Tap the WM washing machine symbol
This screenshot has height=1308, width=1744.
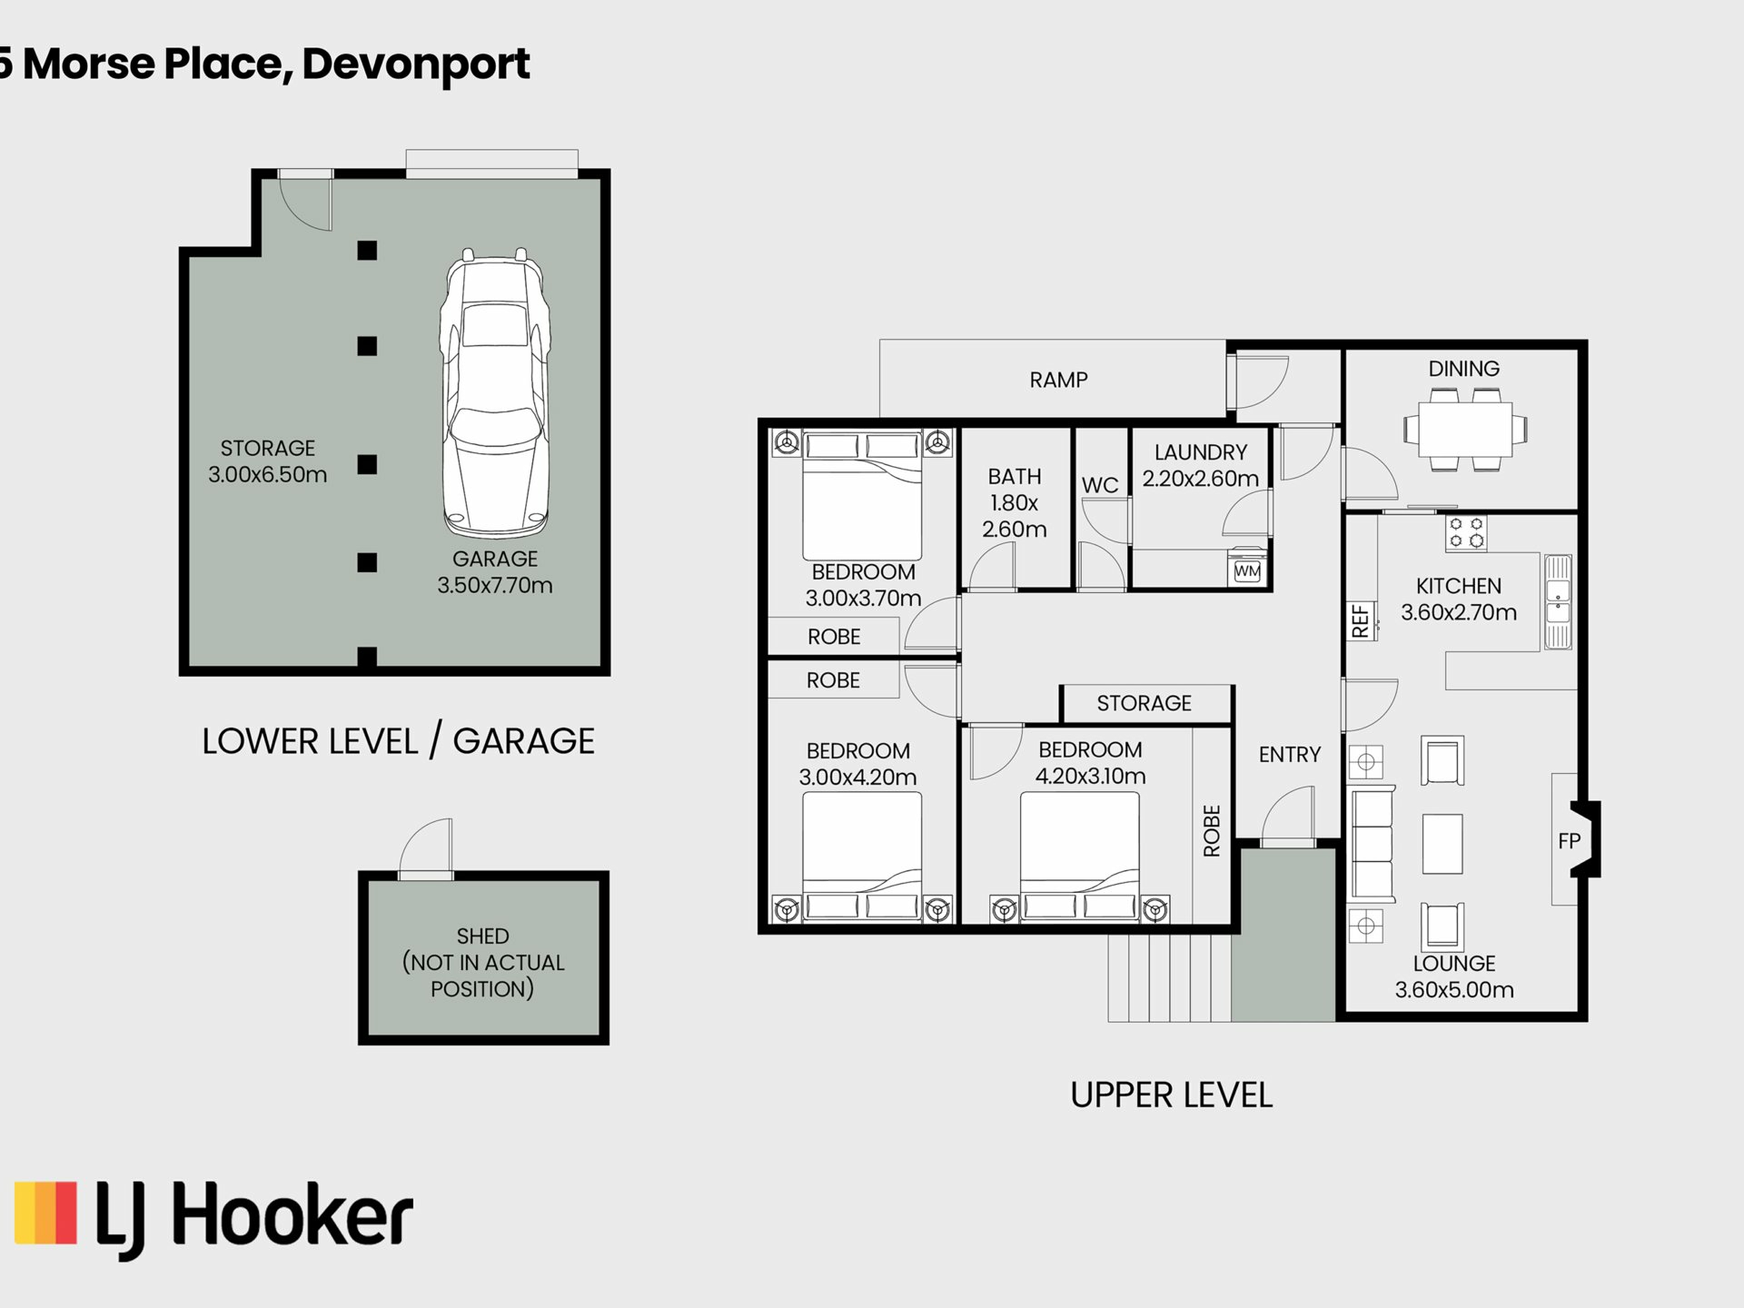point(1247,571)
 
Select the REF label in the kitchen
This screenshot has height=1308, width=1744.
point(1360,620)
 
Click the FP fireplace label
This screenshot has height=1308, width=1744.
point(1569,841)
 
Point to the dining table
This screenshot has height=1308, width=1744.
point(1465,430)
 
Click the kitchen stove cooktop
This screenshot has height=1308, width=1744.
point(1466,533)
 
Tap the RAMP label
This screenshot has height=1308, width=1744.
point(1058,380)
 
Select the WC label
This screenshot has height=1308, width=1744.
point(1100,485)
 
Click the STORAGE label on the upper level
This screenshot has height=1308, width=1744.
point(1144,703)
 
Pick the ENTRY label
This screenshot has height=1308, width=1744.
point(1289,754)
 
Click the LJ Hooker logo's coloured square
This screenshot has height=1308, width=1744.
point(45,1212)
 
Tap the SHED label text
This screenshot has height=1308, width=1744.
point(482,936)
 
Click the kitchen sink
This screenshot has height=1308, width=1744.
point(1558,601)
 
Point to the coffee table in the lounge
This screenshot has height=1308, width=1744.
point(1442,844)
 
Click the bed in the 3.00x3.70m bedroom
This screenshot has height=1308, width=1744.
point(862,496)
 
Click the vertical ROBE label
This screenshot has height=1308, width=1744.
point(1212,830)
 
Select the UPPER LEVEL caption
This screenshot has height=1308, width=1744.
point(1172,1095)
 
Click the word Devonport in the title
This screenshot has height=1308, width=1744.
point(416,64)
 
